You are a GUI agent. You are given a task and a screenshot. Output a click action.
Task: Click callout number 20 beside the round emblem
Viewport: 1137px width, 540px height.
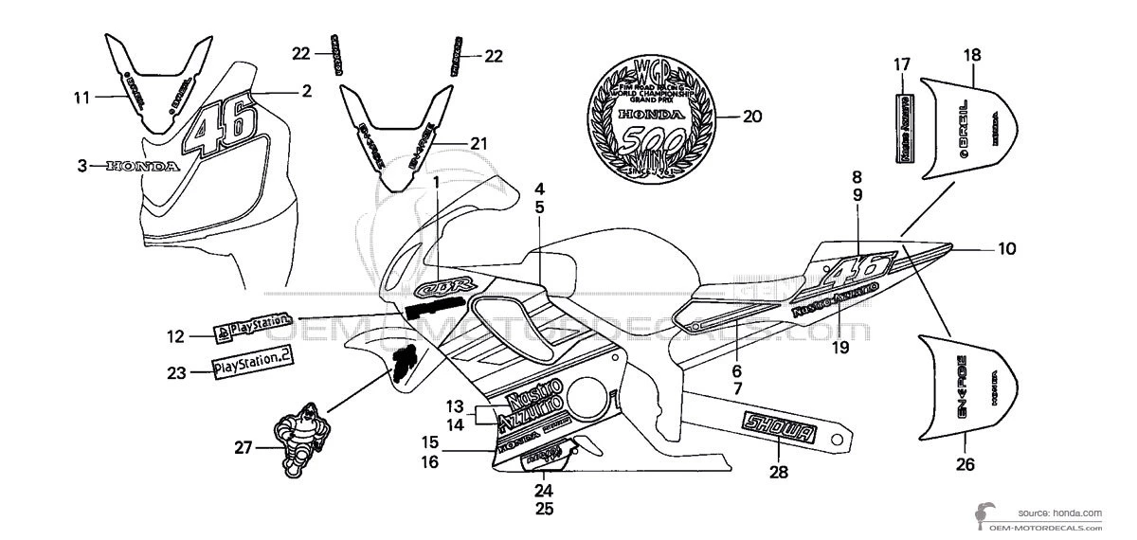(752, 117)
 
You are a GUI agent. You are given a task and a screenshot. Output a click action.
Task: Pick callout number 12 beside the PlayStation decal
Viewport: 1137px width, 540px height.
(175, 335)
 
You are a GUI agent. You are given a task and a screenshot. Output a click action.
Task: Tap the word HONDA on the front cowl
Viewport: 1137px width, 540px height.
(142, 166)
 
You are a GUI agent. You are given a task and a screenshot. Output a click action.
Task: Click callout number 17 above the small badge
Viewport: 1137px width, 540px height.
(901, 64)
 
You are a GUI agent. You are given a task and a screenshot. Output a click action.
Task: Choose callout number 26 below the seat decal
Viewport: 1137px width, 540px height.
(965, 465)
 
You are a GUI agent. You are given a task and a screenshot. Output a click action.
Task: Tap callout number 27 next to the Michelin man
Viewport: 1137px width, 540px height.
(244, 448)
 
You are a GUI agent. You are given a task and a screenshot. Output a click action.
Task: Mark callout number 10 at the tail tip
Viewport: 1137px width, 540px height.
(1006, 249)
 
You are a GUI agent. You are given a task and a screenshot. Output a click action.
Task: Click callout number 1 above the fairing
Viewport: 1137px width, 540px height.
(437, 181)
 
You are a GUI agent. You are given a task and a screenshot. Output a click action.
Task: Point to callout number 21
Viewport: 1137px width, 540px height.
(478, 143)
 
